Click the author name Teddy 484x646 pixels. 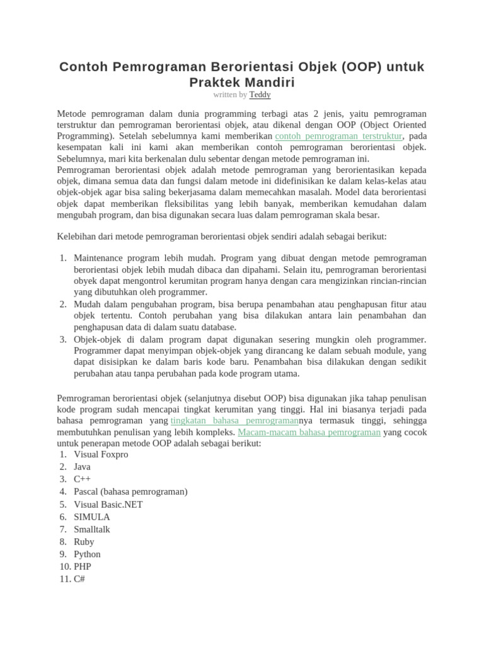pos(260,95)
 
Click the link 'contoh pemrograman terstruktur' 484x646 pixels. pos(339,136)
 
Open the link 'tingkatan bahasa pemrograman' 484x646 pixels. pos(234,421)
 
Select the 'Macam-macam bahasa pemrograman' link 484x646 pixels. pos(309,432)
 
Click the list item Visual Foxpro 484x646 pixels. pos(101,454)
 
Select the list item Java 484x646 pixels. pos(83,467)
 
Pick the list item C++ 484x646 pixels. pos(83,479)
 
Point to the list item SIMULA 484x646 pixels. pos(92,517)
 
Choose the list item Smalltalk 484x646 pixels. pos(93,529)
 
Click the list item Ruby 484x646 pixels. pos(84,542)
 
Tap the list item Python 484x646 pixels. pos(87,554)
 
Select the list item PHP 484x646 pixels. pos(83,567)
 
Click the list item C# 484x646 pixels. pos(79,579)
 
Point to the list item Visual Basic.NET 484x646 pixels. pos(108,504)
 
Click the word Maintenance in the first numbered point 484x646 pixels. pos(99,259)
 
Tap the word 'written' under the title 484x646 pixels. pos(225,95)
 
